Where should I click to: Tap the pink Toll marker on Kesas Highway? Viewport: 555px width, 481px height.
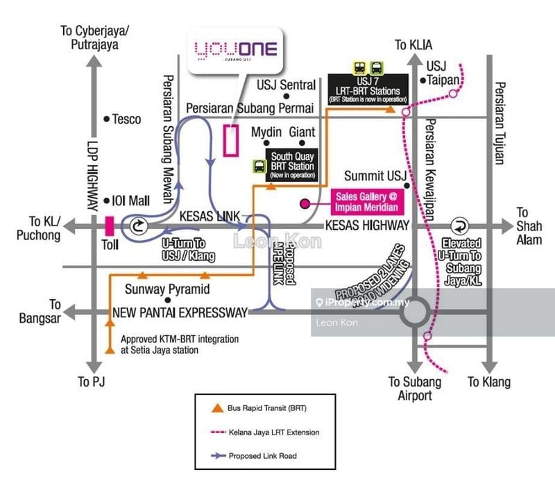pos(109,226)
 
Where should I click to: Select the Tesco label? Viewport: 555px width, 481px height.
pos(126,119)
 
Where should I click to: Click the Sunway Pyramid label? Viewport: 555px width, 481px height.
pos(167,289)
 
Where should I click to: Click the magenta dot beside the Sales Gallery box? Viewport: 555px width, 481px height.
pos(304,204)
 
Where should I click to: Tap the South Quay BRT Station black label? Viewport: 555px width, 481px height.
pos(292,162)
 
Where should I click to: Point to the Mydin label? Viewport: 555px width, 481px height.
pos(267,132)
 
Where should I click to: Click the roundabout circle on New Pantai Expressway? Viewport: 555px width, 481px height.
pos(413,313)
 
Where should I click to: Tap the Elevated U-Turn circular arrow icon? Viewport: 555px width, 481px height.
pos(459,226)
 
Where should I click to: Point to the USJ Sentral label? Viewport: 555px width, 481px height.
pos(286,85)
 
